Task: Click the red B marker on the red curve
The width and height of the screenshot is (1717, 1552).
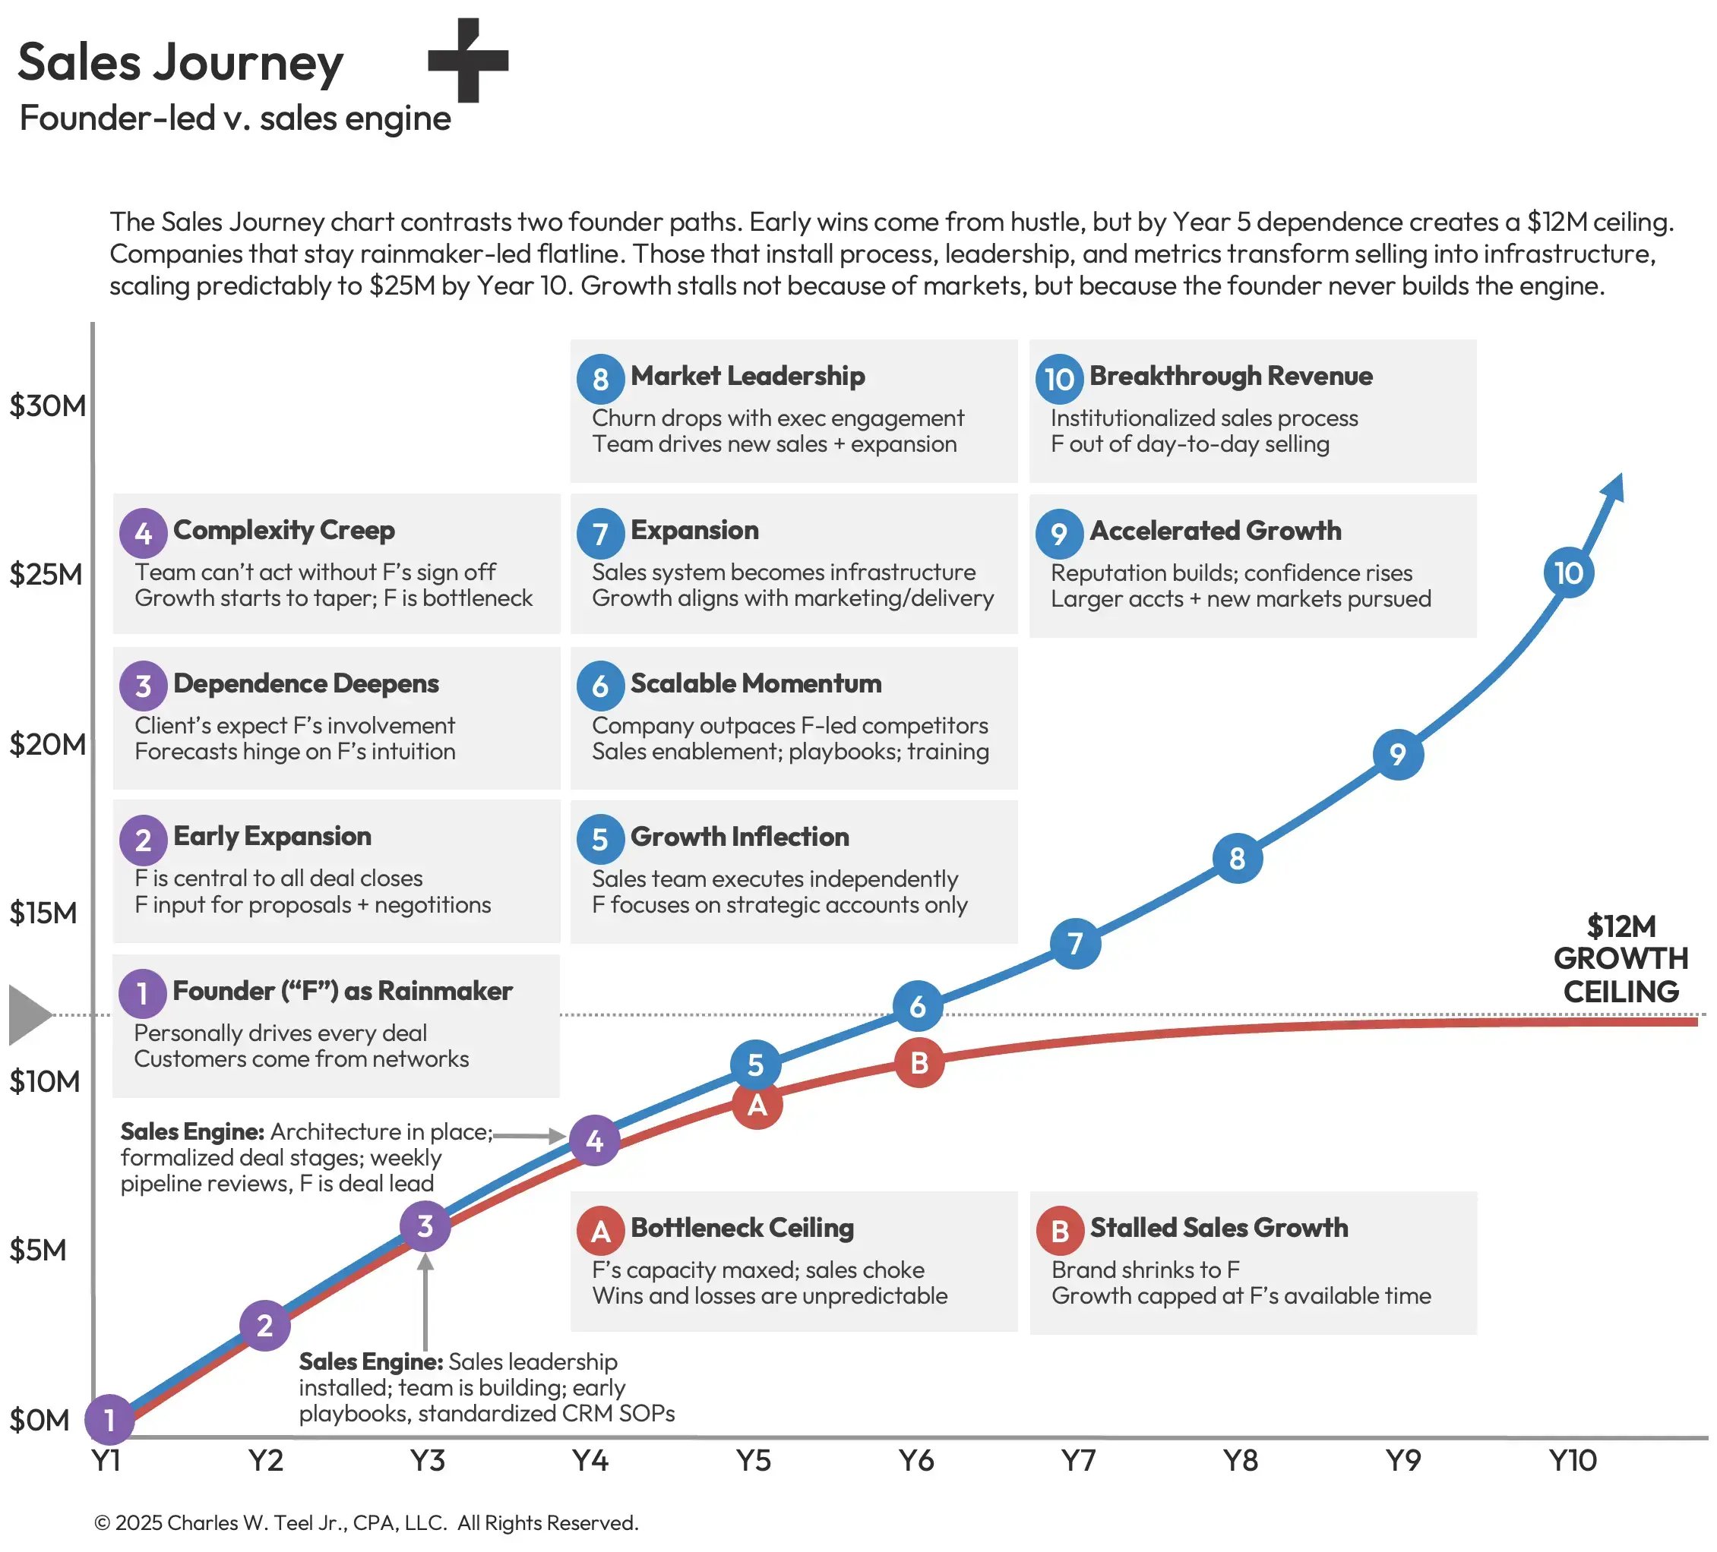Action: (x=919, y=1062)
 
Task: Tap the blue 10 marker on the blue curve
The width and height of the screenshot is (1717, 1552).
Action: (x=1568, y=573)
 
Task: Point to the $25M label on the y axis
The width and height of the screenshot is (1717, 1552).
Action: (x=46, y=575)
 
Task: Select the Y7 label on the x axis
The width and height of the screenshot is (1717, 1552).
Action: (x=1077, y=1461)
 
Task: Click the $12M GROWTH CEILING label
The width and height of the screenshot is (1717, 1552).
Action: (x=1620, y=959)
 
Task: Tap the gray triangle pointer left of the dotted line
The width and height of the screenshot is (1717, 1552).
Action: (x=29, y=1015)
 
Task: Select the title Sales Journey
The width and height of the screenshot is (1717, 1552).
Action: (x=180, y=62)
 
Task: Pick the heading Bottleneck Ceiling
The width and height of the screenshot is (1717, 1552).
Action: (x=741, y=1228)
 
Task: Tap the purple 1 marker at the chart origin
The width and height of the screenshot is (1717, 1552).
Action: (x=109, y=1419)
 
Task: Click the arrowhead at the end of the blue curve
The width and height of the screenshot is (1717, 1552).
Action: (x=1614, y=487)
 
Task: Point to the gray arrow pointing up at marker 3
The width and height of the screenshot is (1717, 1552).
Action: (x=425, y=1298)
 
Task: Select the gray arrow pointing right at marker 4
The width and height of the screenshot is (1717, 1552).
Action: (x=530, y=1135)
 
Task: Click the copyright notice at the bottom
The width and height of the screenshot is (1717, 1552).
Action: (x=365, y=1522)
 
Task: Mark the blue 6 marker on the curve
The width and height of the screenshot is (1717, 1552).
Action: (x=917, y=1005)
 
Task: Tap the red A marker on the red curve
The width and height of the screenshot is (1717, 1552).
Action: (x=756, y=1106)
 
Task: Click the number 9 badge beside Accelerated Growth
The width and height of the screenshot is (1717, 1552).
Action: (x=1058, y=534)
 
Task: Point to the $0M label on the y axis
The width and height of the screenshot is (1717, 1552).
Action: (x=40, y=1420)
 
